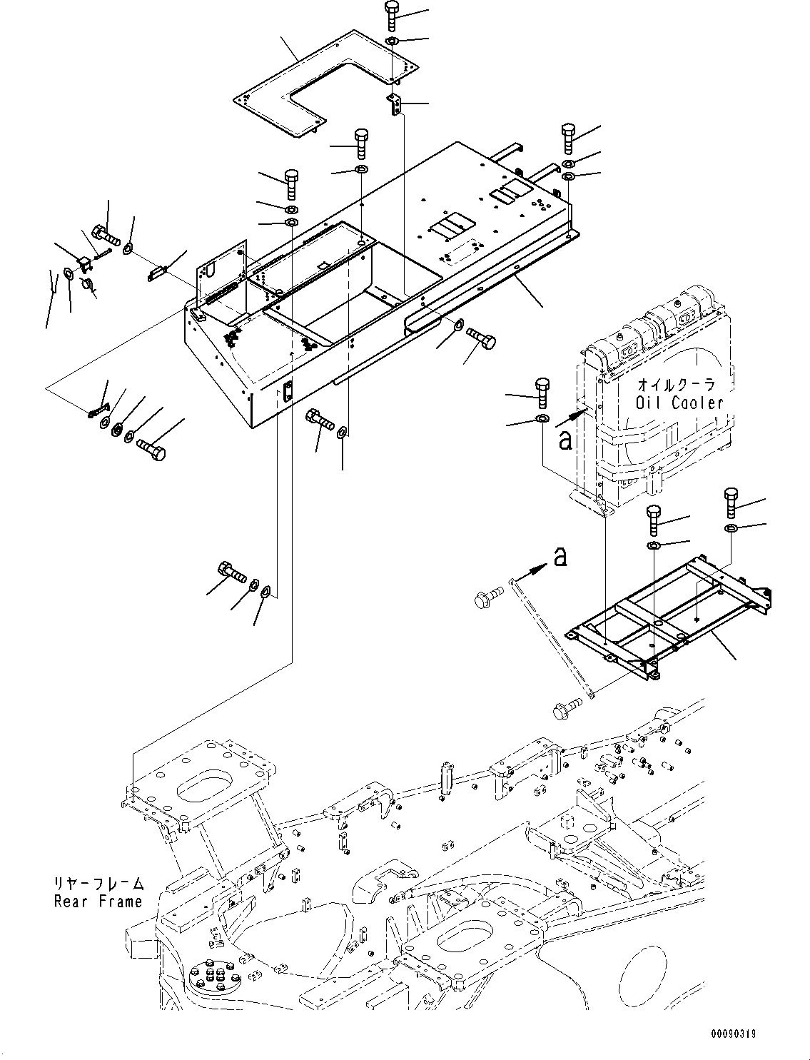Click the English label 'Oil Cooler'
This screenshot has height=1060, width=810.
(679, 403)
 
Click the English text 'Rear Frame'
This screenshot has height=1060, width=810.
(98, 902)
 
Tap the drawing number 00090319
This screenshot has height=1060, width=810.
(756, 1033)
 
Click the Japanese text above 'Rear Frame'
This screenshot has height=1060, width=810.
(98, 884)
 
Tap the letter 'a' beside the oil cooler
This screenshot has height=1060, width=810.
(565, 440)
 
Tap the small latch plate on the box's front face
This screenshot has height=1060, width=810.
(288, 392)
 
